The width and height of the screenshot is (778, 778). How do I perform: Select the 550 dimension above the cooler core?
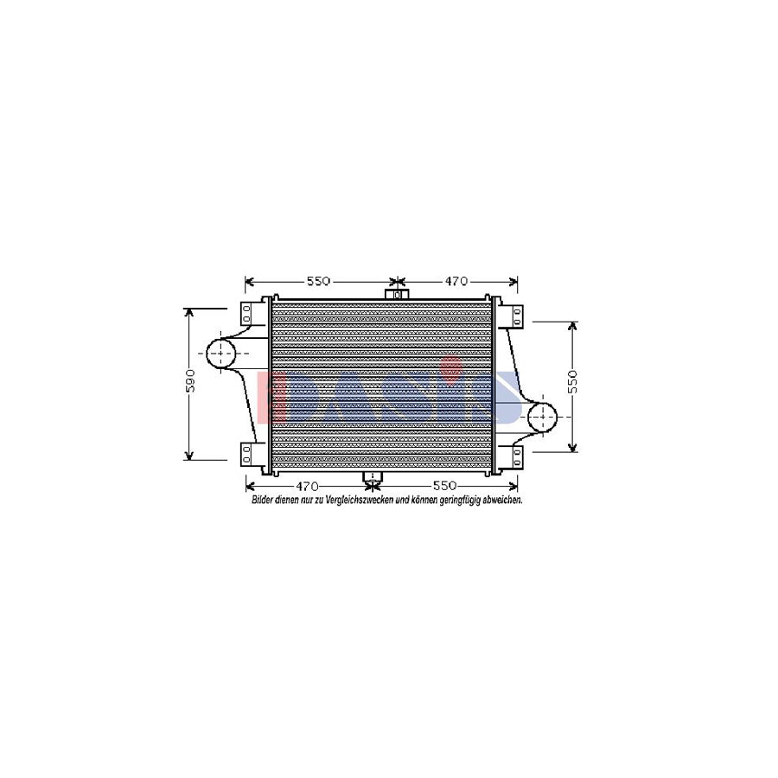coord(317,282)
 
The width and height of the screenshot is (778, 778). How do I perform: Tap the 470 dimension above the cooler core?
coord(456,282)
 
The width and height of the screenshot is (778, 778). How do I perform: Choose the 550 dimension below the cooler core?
coord(443,487)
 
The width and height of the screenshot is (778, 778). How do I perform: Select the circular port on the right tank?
coord(543,418)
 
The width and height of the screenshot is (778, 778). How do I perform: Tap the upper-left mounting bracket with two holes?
coord(246,312)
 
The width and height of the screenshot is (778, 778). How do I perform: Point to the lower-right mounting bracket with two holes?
coord(517,455)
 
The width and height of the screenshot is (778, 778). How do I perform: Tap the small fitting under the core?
coord(373,478)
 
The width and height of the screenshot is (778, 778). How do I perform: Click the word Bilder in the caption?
coord(262,501)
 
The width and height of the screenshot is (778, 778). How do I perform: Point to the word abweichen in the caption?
coord(501,501)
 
